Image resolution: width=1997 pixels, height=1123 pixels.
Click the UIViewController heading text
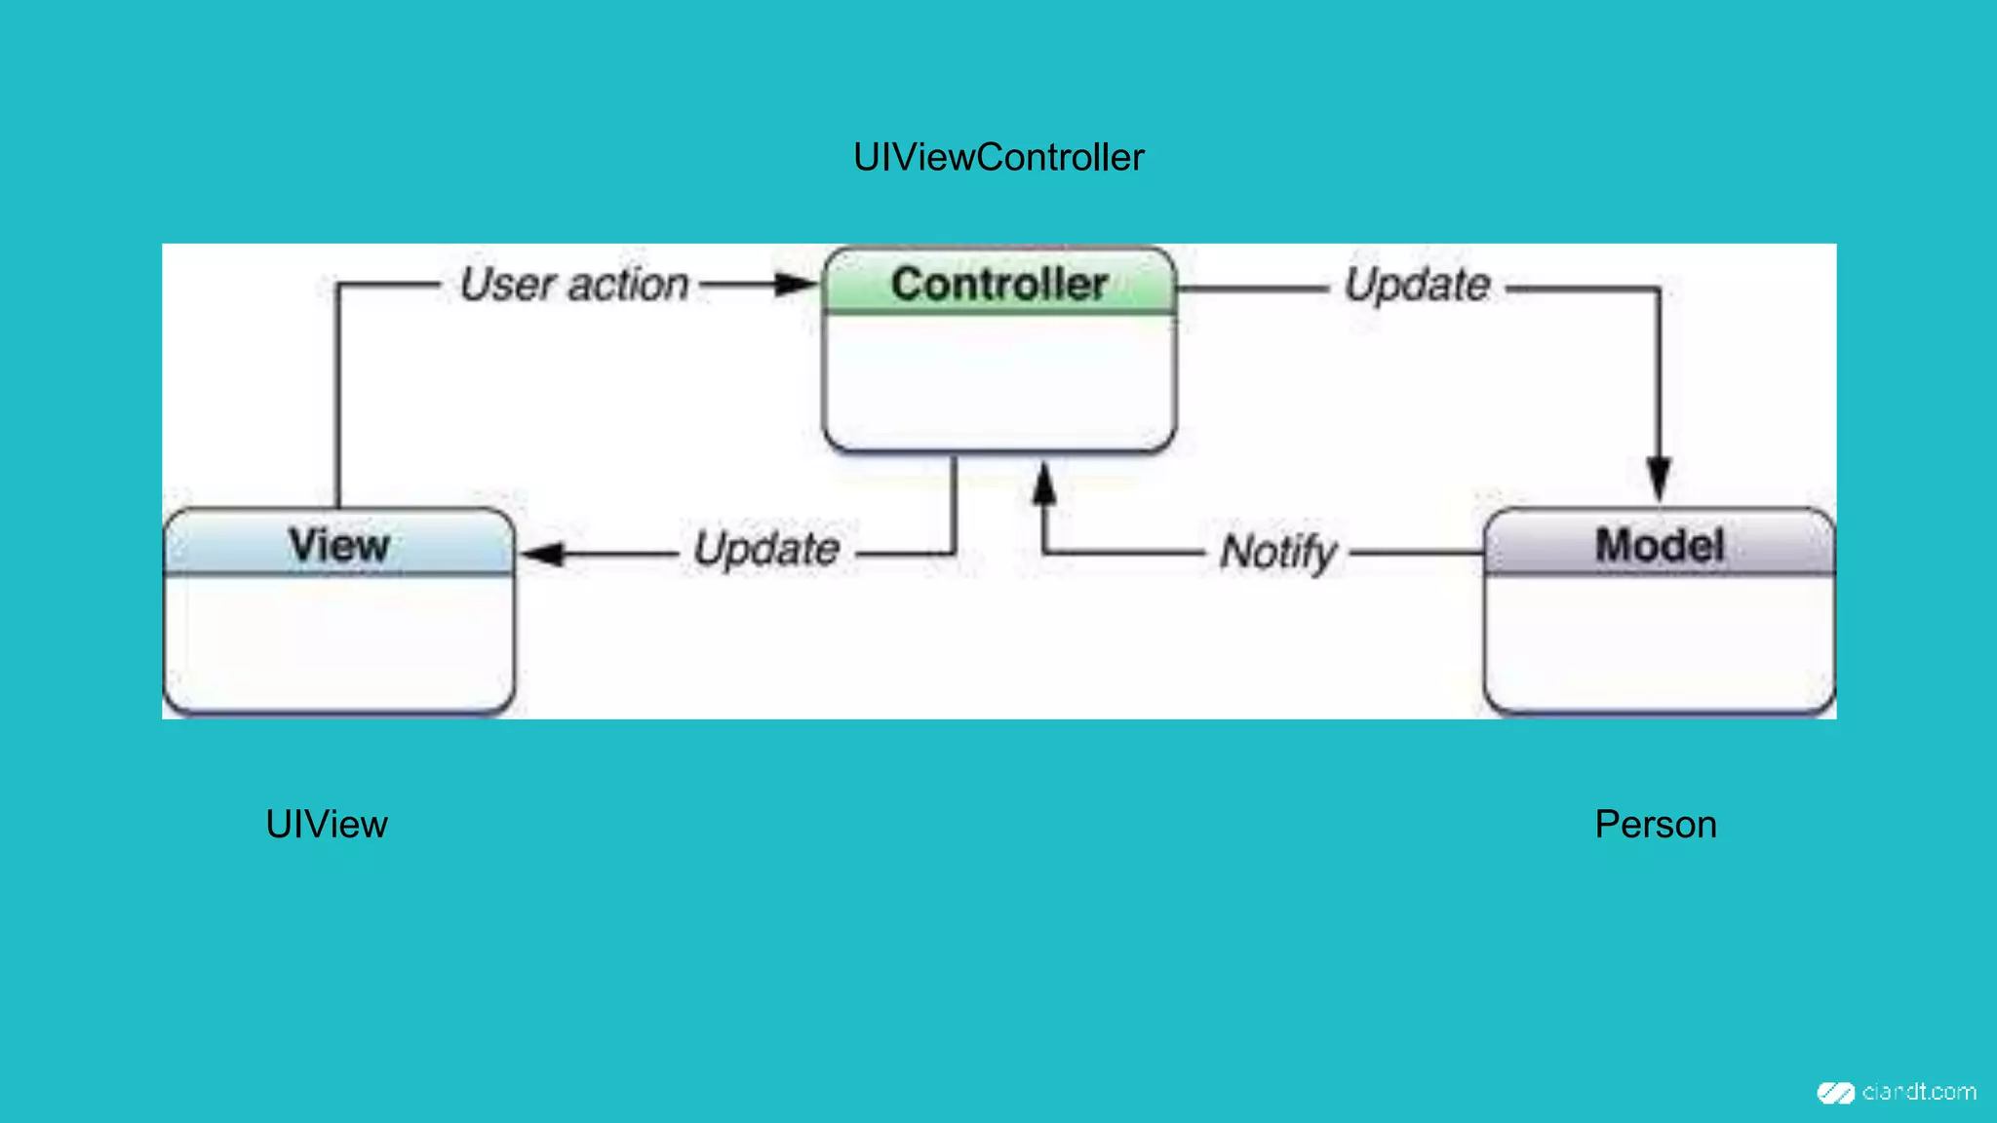(998, 158)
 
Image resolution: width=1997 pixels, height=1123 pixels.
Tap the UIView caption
(327, 825)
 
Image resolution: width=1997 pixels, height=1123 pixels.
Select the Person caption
(1656, 825)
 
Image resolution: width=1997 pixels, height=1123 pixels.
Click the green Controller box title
(999, 284)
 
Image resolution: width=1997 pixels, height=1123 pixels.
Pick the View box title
(339, 545)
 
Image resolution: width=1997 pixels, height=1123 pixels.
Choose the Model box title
(1660, 545)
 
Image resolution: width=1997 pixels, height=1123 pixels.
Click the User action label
(574, 285)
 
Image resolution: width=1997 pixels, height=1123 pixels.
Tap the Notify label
(1278, 552)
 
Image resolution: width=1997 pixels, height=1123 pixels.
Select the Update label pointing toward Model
(1418, 286)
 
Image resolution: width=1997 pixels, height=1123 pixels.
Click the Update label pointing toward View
(766, 549)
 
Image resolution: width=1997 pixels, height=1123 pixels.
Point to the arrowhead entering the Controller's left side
(796, 285)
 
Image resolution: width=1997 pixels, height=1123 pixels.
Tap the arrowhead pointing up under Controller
(1044, 484)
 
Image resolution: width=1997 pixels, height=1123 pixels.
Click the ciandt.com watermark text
(1919, 1092)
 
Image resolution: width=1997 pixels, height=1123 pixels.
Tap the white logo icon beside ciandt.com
(1835, 1093)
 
